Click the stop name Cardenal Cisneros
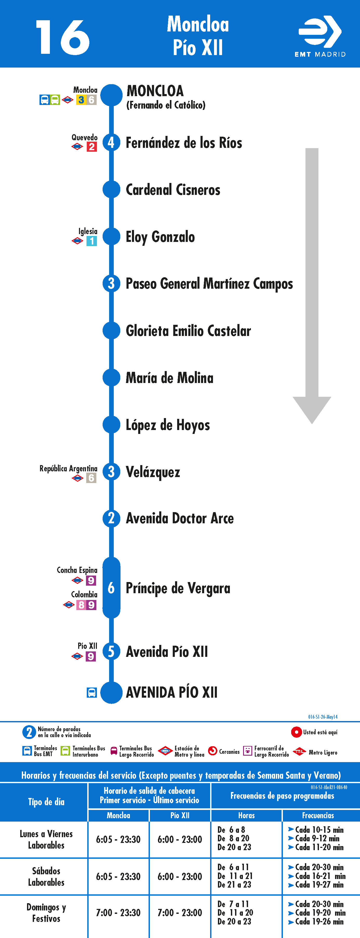pos(173,190)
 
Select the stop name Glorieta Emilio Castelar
pos(188,331)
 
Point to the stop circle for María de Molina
pos(111,378)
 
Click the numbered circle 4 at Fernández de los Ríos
pos(111,142)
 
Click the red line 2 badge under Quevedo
pos(92,147)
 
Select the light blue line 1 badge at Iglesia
pos(92,241)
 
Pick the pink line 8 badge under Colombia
pos(82,605)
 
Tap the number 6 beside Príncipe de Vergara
pos(111,588)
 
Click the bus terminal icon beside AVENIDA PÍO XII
pos(92,692)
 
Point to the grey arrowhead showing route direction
pos(312,410)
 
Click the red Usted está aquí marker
pos(296,732)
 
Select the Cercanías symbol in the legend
pos(212,751)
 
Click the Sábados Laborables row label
pos(46,876)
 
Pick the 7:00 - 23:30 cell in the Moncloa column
pos(118,913)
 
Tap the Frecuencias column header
pos(318,815)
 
